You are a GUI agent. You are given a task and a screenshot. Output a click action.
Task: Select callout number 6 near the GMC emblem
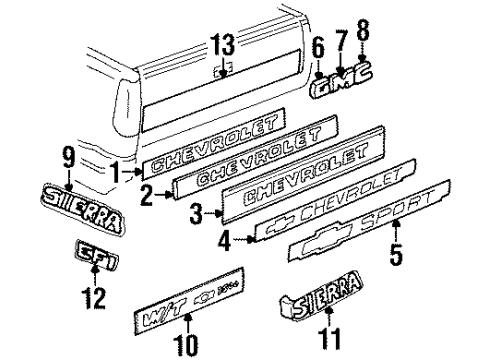tap(318, 47)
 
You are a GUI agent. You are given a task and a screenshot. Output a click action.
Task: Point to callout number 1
tap(118, 171)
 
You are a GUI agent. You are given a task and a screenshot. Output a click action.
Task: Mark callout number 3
tap(196, 214)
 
